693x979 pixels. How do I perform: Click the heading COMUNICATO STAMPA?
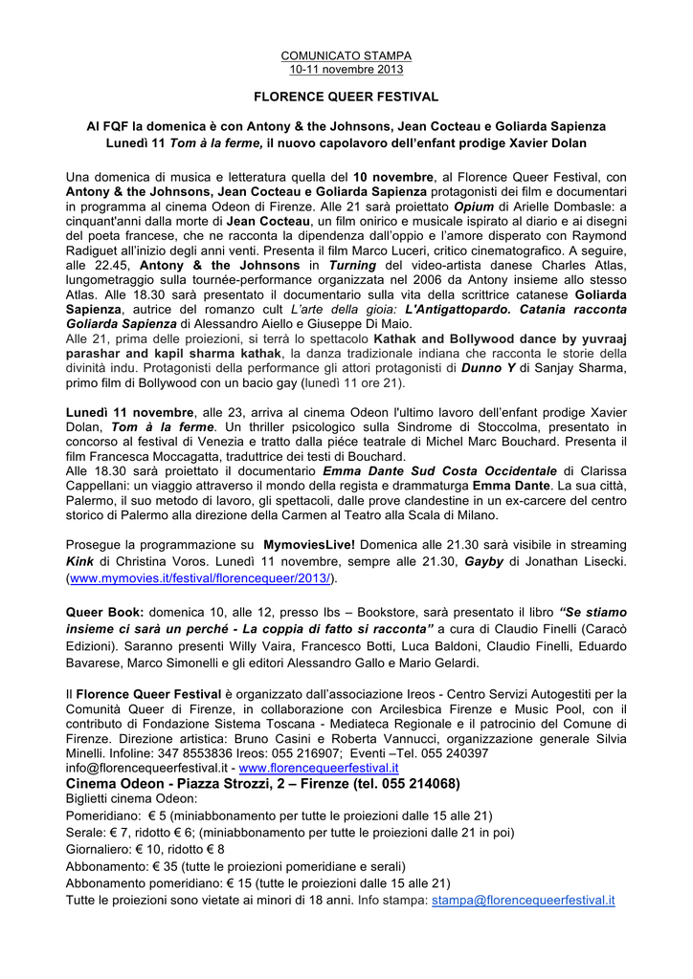pos(346,56)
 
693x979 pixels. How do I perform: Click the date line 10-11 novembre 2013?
pos(346,69)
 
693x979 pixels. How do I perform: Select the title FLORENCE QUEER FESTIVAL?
pos(346,98)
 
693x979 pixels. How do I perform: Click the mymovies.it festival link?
pos(201,578)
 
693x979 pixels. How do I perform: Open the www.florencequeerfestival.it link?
pos(318,768)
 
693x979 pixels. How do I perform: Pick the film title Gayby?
pos(484,561)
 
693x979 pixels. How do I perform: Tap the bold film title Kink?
pos(80,561)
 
